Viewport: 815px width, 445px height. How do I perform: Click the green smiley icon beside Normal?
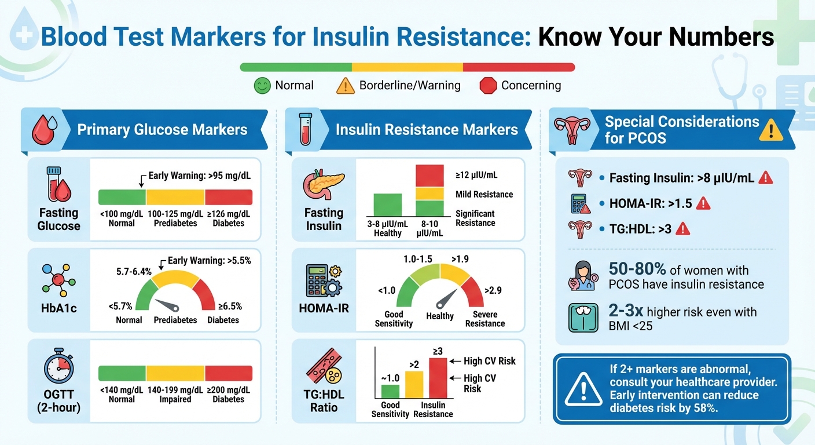pyautogui.click(x=263, y=86)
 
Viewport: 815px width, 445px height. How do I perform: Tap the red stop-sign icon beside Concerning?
pyautogui.click(x=489, y=86)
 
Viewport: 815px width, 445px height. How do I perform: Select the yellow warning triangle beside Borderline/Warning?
pyautogui.click(x=346, y=86)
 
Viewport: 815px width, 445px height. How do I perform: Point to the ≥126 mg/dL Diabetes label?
pyautogui.click(x=228, y=219)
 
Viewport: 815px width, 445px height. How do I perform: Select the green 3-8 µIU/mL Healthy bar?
pyautogui.click(x=388, y=205)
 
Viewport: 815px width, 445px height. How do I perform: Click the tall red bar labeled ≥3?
pyautogui.click(x=438, y=379)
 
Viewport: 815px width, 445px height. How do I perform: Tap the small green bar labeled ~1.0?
pyautogui.click(x=390, y=392)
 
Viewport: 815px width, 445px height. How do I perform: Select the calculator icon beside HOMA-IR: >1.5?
pyautogui.click(x=580, y=203)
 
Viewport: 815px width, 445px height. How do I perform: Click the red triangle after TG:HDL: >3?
pyautogui.click(x=683, y=229)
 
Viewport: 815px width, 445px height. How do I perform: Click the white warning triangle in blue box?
pyautogui.click(x=583, y=388)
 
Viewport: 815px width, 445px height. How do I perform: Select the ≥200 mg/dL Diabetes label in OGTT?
pyautogui.click(x=228, y=395)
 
